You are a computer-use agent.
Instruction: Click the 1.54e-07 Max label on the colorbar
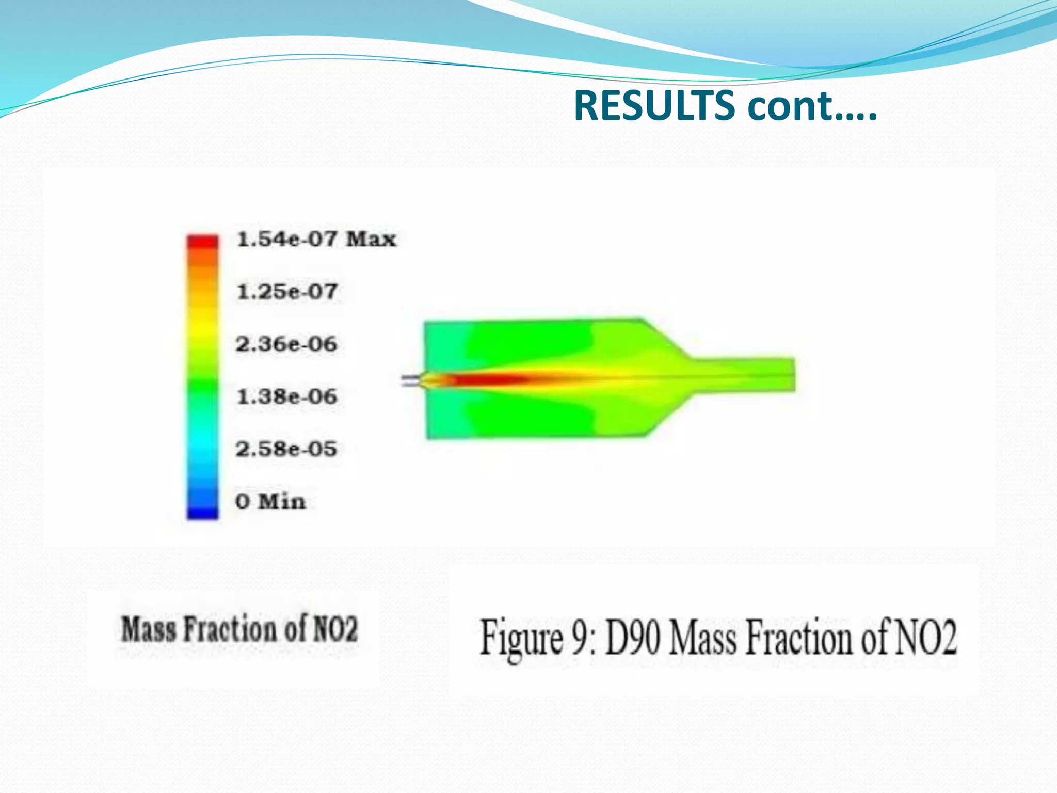point(316,239)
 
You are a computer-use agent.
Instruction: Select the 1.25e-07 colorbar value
point(287,292)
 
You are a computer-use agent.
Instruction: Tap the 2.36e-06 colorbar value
point(286,344)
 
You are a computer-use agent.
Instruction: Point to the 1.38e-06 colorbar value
point(287,396)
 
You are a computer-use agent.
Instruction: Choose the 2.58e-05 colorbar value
point(286,449)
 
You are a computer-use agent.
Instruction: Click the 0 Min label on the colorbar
point(270,501)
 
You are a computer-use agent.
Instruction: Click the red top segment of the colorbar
point(202,241)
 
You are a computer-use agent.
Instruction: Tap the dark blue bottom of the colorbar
point(202,512)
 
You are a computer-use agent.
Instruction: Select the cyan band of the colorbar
point(202,444)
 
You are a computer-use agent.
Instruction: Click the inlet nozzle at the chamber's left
point(412,380)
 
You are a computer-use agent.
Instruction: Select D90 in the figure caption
point(633,638)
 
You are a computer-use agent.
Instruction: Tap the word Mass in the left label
point(149,629)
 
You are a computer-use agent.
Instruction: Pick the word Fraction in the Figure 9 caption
point(797,638)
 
